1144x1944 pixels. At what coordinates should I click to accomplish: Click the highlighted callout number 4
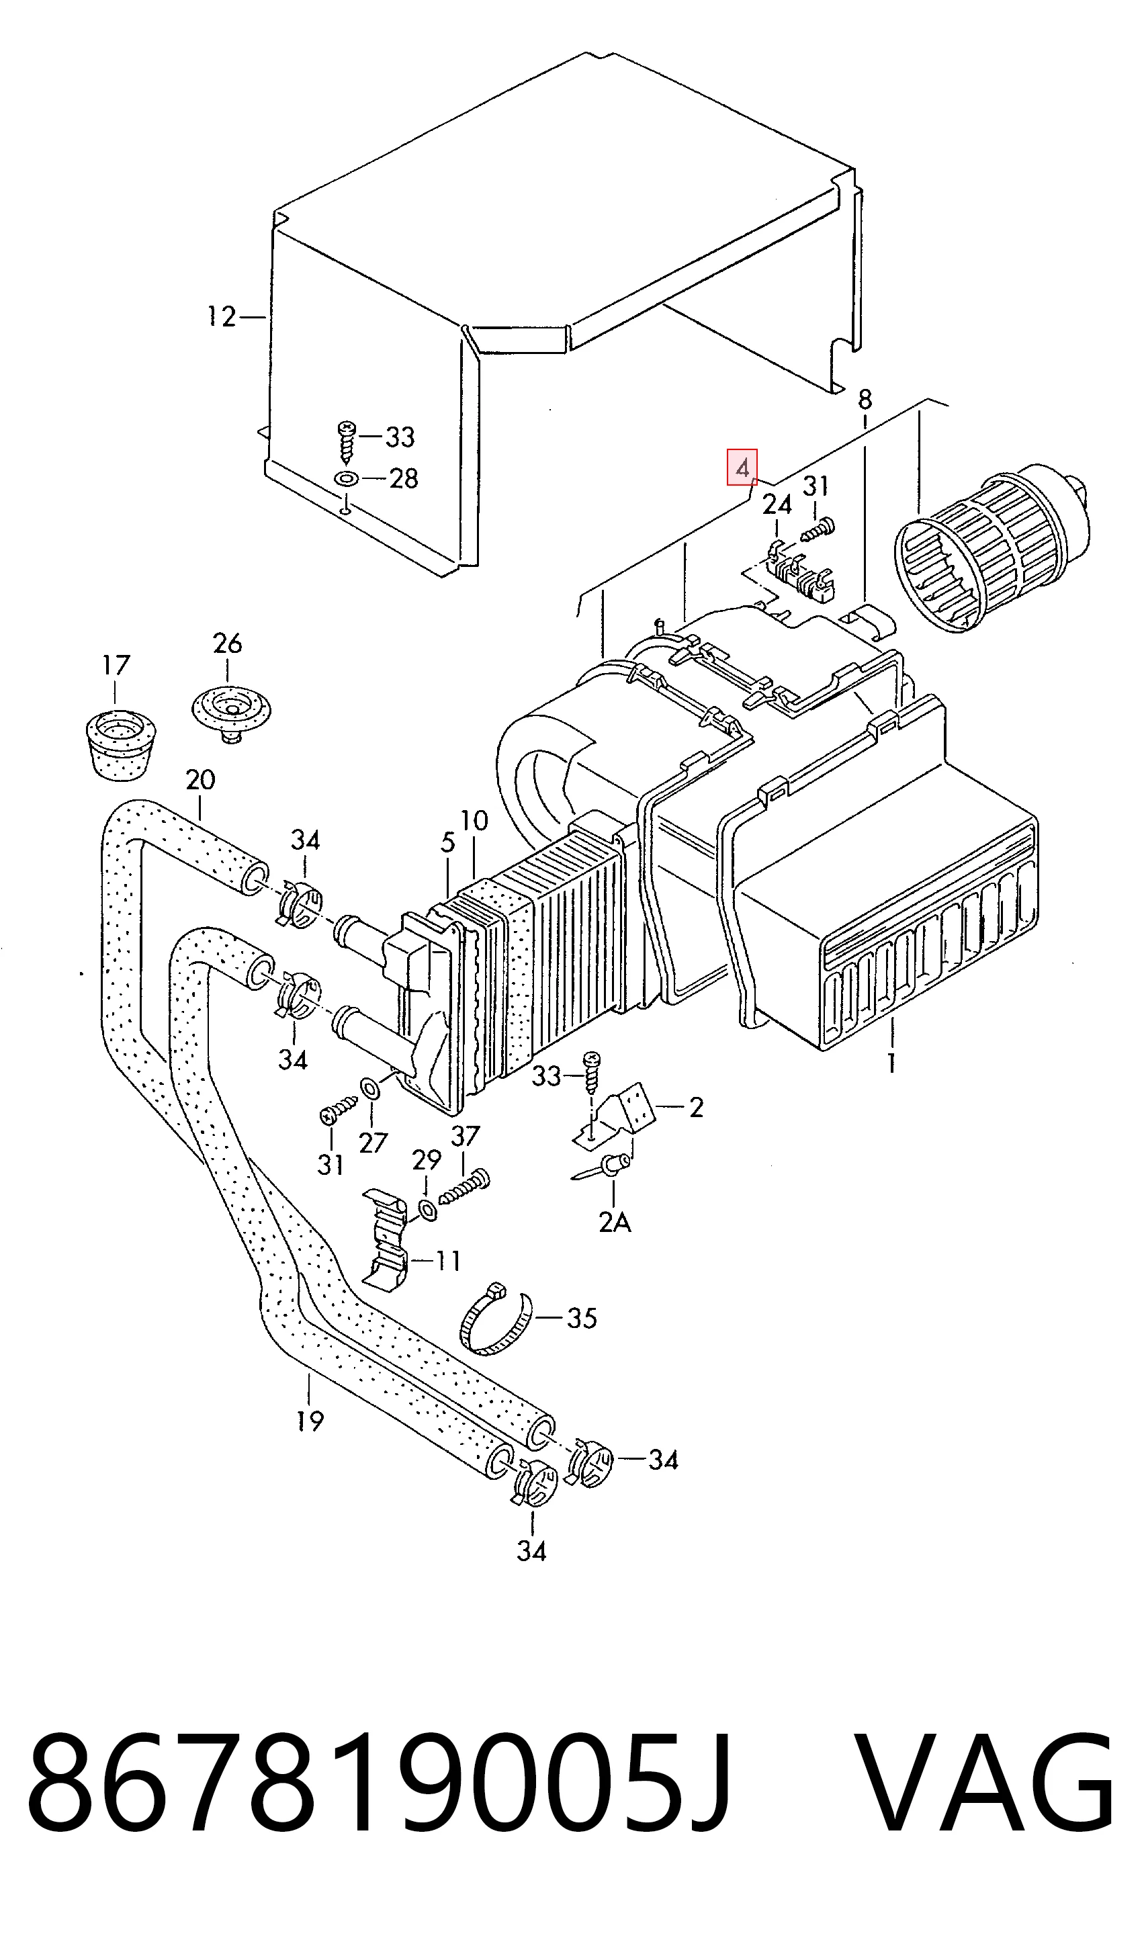click(742, 468)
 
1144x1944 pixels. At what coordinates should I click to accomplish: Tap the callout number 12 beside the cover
click(222, 316)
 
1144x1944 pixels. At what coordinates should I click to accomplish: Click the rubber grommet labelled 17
click(120, 742)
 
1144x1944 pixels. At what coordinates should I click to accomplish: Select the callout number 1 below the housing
click(891, 1063)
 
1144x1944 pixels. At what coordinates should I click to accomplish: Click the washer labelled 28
click(347, 479)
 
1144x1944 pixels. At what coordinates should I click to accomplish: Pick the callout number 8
click(865, 399)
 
